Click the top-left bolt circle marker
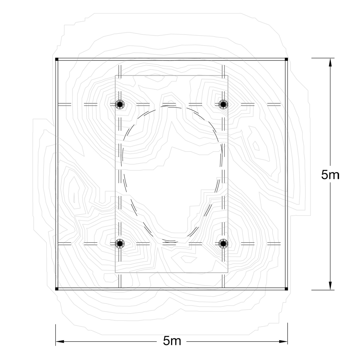(120, 104)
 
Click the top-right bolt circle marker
(223, 104)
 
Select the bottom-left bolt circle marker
(120, 243)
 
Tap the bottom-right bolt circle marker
(223, 243)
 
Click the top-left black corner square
(57, 59)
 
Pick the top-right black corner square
(286, 59)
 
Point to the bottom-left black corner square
(57, 289)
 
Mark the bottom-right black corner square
(286, 289)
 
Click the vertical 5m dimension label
(330, 175)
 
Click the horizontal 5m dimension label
(172, 341)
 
